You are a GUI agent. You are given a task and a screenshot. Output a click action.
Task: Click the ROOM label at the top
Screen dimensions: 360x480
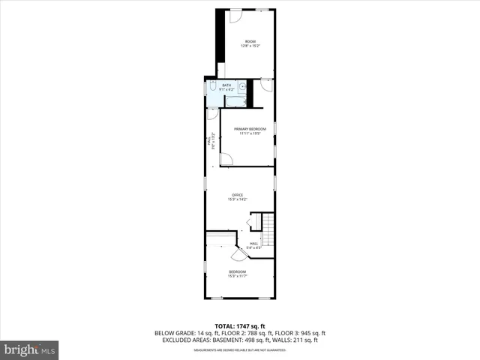click(250, 40)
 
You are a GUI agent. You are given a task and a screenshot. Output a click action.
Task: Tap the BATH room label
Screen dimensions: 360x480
click(226, 85)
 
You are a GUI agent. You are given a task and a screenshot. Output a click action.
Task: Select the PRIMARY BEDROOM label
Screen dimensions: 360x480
click(250, 129)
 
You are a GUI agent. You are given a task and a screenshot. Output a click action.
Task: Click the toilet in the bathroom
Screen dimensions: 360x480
click(213, 88)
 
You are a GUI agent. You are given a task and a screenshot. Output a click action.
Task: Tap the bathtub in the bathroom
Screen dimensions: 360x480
click(235, 99)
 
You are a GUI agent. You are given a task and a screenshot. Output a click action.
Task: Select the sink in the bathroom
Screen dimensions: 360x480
click(243, 85)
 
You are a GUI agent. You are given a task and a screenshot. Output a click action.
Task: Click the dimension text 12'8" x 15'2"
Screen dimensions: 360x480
click(250, 46)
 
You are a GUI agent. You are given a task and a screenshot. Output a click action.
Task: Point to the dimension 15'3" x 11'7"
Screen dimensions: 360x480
click(238, 276)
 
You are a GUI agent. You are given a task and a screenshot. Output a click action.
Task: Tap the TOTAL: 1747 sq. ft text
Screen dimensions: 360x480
click(240, 325)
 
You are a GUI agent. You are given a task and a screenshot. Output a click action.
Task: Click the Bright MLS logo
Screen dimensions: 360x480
click(30, 349)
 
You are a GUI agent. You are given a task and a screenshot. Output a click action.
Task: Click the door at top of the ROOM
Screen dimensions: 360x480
click(235, 14)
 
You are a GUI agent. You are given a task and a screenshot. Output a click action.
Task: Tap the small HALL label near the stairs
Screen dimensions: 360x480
click(253, 243)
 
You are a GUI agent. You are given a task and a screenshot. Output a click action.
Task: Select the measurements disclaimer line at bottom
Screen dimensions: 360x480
click(240, 349)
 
